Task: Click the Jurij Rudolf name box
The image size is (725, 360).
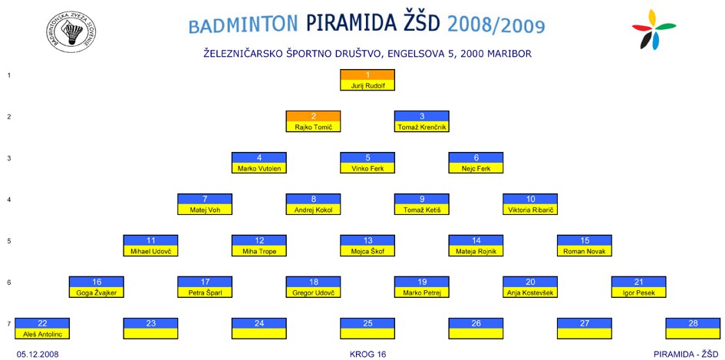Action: (x=367, y=86)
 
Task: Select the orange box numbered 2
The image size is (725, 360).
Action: (x=314, y=117)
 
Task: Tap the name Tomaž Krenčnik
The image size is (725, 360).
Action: (x=422, y=127)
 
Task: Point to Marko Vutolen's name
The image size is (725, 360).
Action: (x=259, y=169)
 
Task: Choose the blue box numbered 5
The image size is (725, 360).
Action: (x=367, y=158)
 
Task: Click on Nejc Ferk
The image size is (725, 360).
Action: (x=476, y=169)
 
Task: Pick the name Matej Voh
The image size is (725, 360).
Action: (x=205, y=210)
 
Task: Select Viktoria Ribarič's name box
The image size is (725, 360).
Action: (x=530, y=210)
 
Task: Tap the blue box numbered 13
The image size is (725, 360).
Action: (x=367, y=240)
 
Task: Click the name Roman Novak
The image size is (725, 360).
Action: (x=584, y=252)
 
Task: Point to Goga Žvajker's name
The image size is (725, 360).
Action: (x=96, y=293)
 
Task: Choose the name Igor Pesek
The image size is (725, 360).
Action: (x=638, y=293)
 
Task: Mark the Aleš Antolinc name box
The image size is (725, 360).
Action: (x=42, y=334)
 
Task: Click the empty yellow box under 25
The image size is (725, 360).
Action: (x=367, y=334)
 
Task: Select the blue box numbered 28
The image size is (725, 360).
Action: (x=693, y=323)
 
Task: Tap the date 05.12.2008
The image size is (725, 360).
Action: (x=38, y=355)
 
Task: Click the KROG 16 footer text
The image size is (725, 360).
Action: (x=367, y=355)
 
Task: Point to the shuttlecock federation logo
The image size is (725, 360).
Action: (x=71, y=31)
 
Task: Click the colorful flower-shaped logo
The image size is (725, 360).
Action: (x=654, y=29)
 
